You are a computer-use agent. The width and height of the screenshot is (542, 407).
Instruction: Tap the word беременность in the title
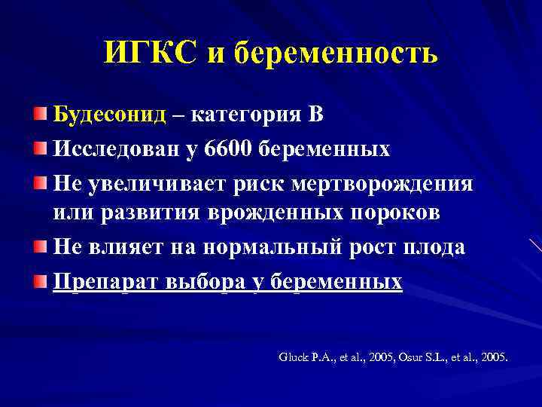336,54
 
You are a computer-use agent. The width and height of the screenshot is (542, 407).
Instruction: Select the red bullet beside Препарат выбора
39,280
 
